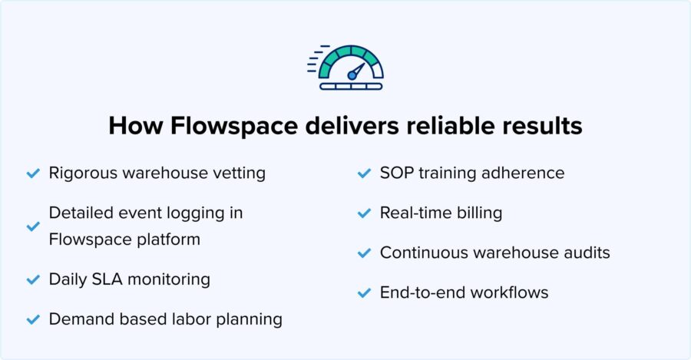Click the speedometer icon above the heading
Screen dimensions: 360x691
[347, 68]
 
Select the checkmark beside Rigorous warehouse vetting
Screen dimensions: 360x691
[33, 173]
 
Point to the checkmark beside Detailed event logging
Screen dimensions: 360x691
[33, 226]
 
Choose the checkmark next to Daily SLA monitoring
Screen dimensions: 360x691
[33, 279]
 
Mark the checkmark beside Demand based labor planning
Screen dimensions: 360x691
[33, 319]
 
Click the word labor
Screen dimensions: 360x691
[198, 319]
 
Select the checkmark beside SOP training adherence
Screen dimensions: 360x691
[364, 173]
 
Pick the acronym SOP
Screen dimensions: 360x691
[396, 173]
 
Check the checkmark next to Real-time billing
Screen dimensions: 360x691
[364, 213]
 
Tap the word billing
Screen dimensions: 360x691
[478, 213]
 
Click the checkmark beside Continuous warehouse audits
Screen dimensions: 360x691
[364, 253]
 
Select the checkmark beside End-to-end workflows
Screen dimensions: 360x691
[364, 292]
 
